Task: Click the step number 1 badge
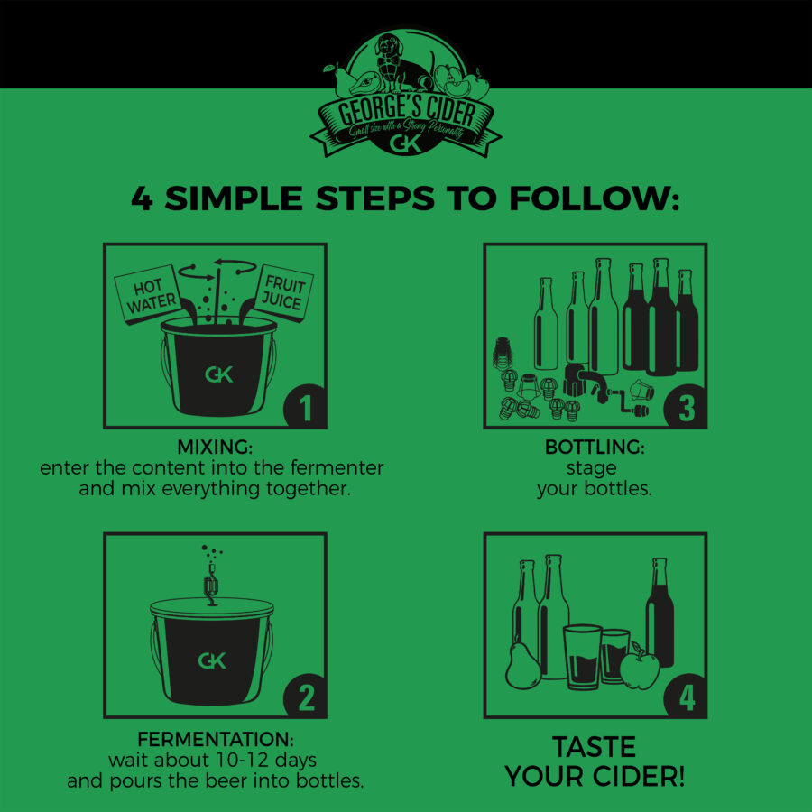point(306,407)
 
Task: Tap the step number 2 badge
point(306,697)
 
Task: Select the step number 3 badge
point(687,407)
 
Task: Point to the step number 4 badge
point(687,697)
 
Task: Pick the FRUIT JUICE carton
point(282,293)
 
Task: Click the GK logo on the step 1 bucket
point(219,374)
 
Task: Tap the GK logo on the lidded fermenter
point(212,660)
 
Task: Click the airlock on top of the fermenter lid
point(211,587)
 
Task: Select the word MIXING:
point(215,447)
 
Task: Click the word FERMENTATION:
point(216,739)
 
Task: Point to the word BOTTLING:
point(595,447)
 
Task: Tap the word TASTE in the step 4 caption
point(594,747)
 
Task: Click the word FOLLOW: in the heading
point(594,198)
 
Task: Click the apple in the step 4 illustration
point(640,667)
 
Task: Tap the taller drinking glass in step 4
point(583,657)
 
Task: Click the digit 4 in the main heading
point(143,198)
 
